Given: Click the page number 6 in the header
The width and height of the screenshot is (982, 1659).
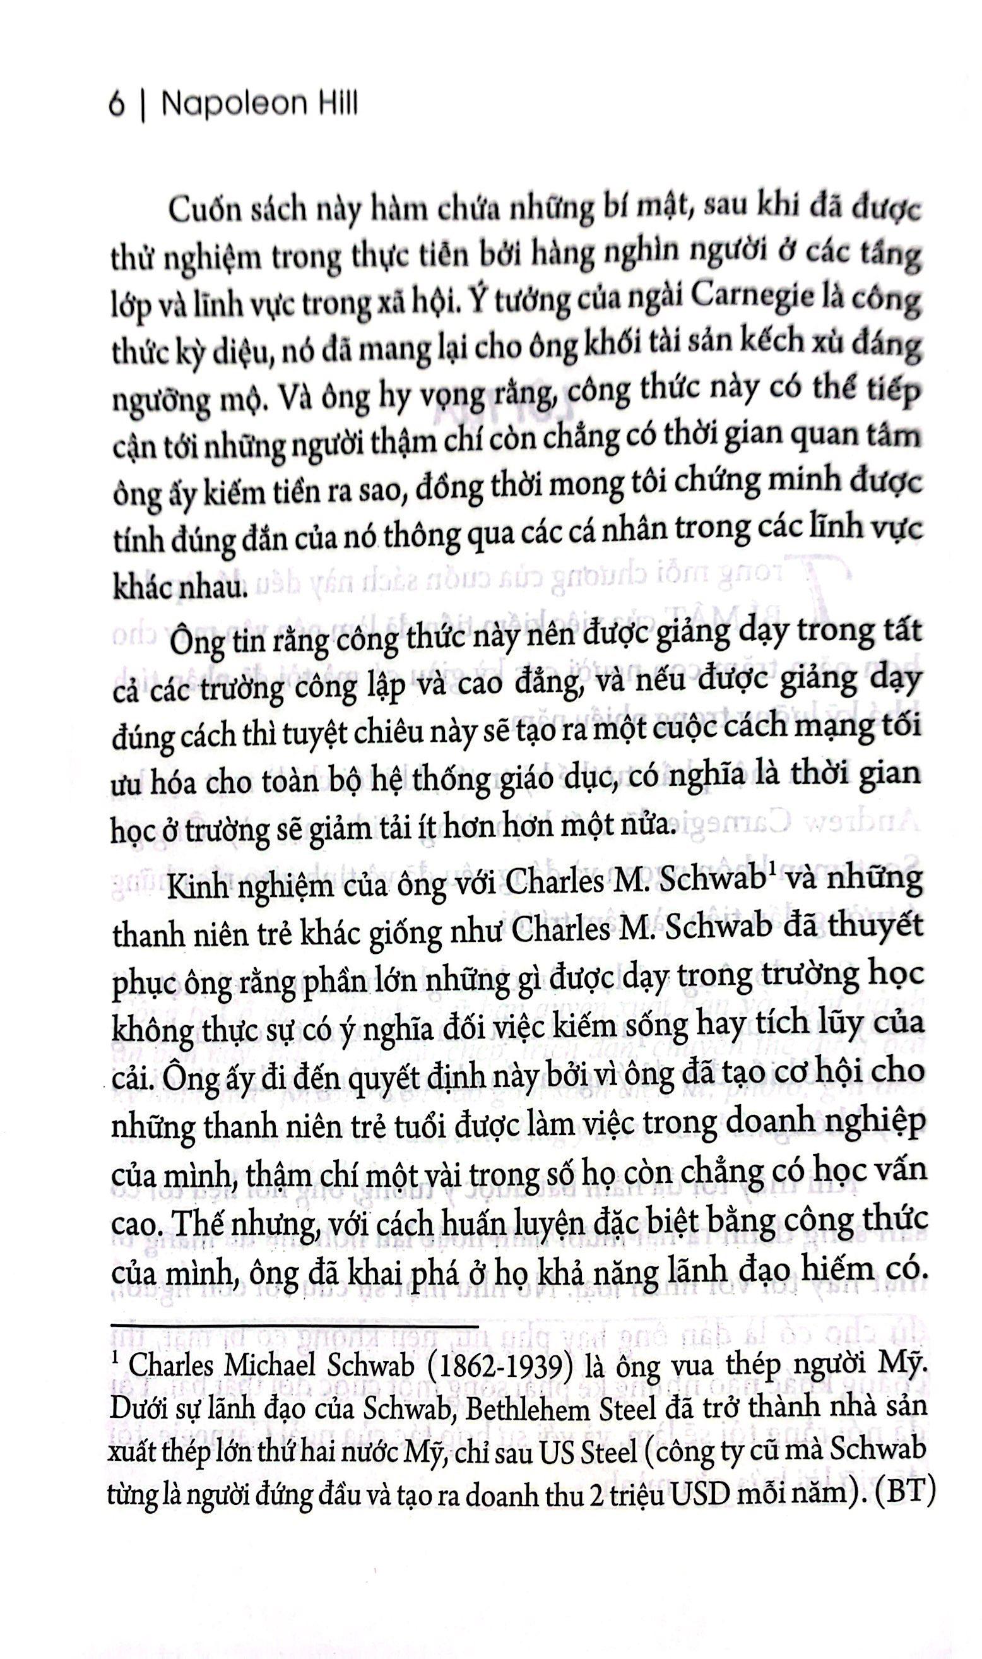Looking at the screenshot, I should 117,105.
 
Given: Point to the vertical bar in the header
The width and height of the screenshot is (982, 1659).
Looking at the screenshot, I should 141,105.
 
